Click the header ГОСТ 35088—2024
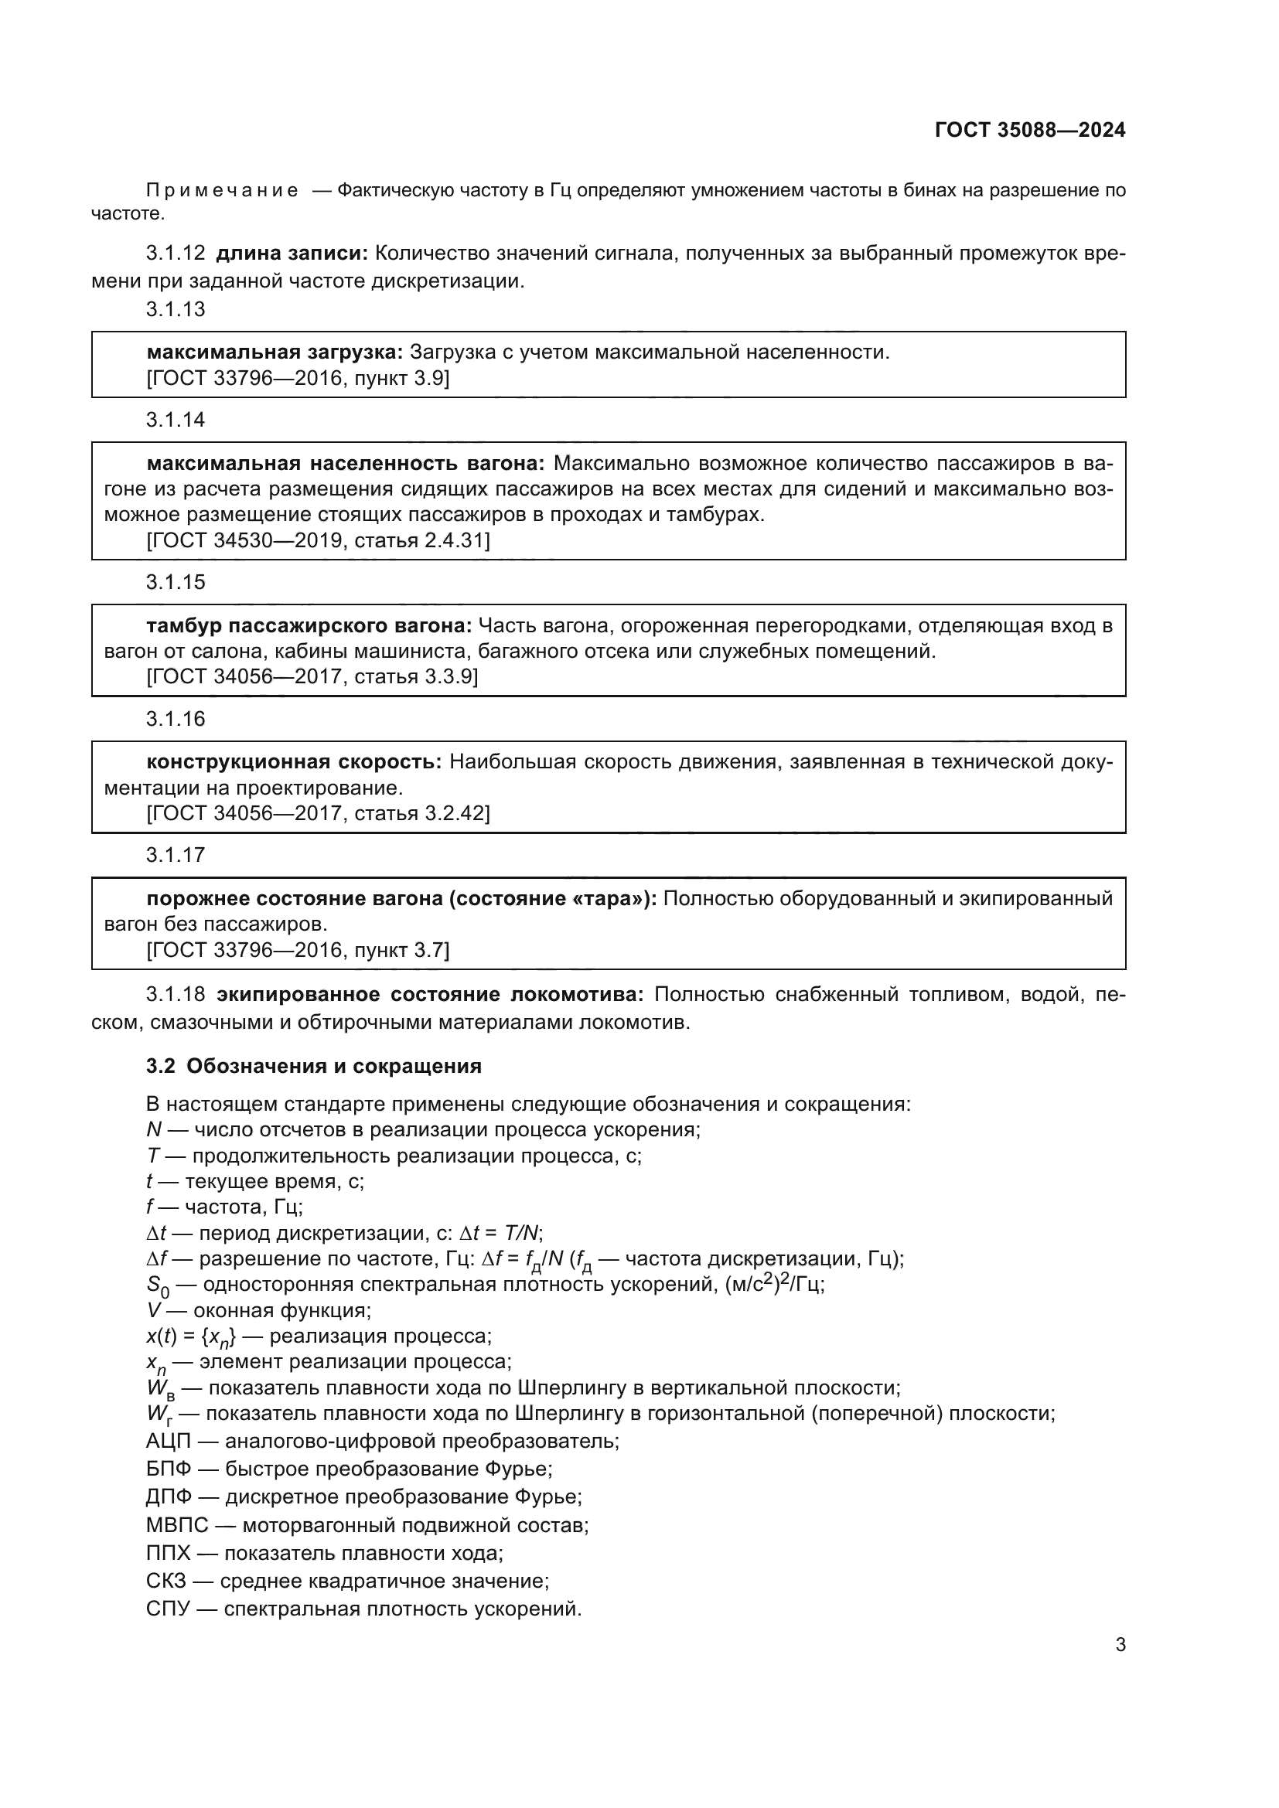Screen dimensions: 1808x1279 (1029, 131)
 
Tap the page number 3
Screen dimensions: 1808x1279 (1120, 1644)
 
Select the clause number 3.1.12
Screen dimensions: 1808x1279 (175, 254)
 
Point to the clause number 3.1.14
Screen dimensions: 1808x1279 (175, 420)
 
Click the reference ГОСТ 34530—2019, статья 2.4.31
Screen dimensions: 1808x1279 (318, 540)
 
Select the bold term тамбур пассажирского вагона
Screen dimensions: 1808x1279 (309, 626)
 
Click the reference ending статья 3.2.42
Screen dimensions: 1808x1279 (318, 812)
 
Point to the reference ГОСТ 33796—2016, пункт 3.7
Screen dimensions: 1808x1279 (298, 950)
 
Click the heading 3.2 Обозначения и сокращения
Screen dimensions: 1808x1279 (313, 1066)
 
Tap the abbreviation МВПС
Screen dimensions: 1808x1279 (177, 1525)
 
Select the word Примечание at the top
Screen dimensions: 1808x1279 (222, 191)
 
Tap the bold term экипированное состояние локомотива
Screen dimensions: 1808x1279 (430, 995)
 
